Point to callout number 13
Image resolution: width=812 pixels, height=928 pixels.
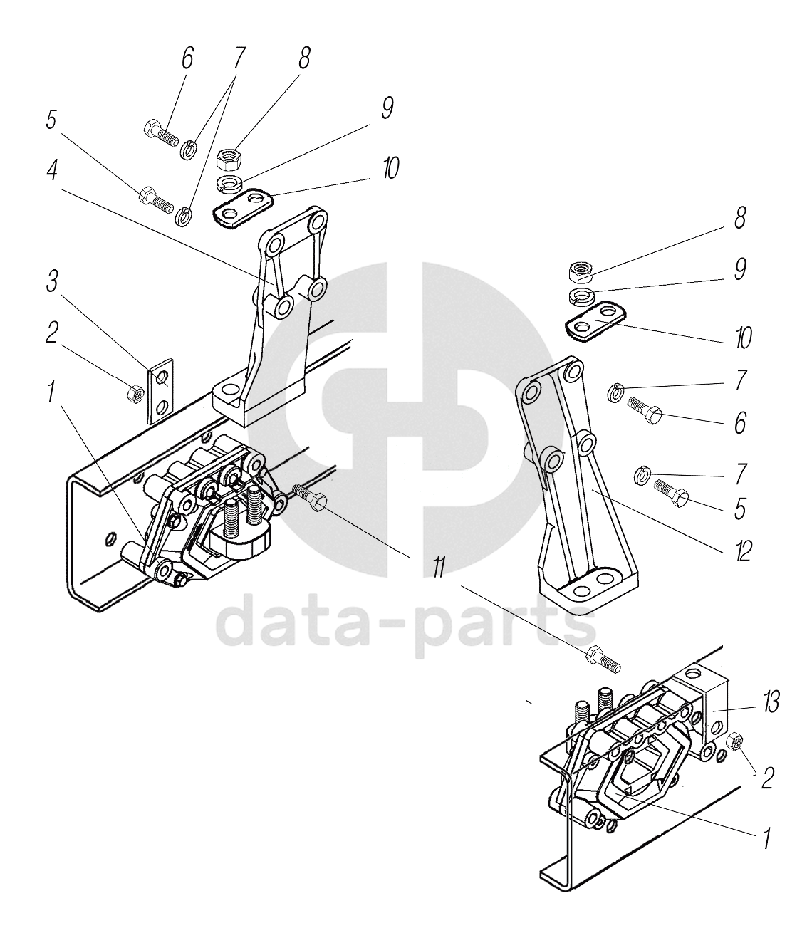click(770, 704)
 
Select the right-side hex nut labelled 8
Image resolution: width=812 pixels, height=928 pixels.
click(581, 271)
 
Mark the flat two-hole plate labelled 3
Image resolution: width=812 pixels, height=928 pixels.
click(162, 390)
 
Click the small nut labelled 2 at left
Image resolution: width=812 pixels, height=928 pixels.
click(133, 392)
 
